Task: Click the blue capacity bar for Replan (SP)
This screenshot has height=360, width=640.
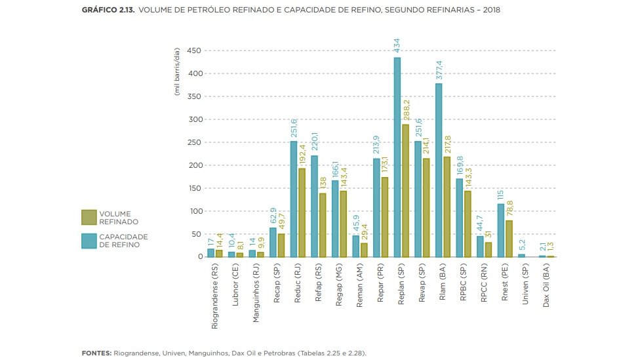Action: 397,157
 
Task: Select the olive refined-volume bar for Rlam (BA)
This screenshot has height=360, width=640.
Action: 447,207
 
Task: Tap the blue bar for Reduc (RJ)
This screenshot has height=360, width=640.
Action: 294,199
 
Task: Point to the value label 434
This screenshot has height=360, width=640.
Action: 397,45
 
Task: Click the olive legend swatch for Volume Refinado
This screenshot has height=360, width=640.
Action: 89,218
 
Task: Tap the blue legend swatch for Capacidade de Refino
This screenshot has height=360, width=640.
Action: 89,240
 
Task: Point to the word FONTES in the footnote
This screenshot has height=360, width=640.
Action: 96,353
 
